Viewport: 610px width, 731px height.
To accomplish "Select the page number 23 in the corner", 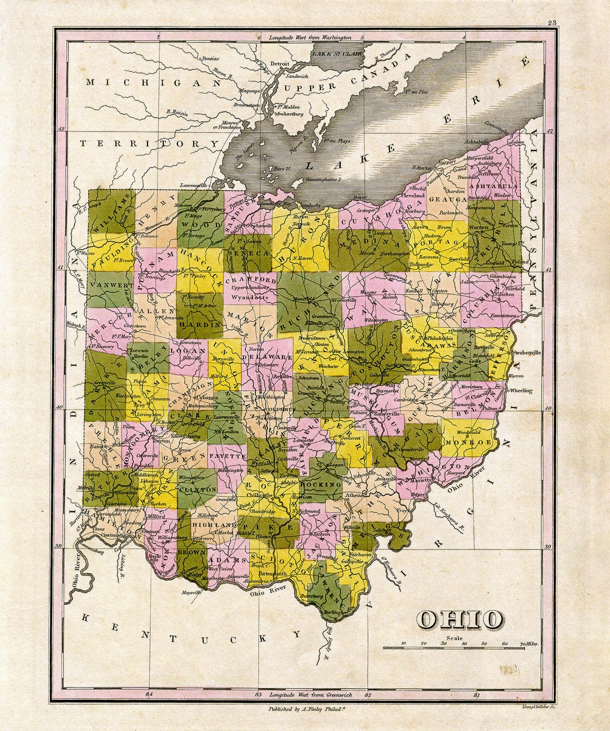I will click(x=552, y=23).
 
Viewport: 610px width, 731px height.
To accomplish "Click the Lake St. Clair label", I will click(x=336, y=54).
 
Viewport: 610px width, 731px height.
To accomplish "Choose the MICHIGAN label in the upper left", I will click(x=152, y=82).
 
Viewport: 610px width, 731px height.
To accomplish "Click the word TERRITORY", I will click(x=149, y=144).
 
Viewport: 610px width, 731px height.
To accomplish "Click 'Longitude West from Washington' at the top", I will click(x=310, y=37).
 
